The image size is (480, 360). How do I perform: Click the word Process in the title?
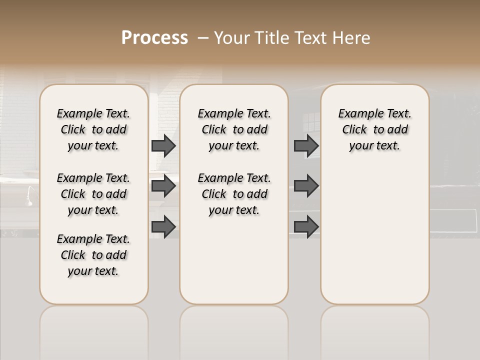154,37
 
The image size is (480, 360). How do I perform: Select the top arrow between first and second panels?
163,145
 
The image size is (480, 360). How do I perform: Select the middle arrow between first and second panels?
163,186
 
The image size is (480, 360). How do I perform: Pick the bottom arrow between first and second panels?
163,227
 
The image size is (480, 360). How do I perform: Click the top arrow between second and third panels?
306,145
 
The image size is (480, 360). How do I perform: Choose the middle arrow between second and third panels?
306,186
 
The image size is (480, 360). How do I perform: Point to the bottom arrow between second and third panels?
306,227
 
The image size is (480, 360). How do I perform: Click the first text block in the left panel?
93,129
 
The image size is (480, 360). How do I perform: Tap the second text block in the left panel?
93,194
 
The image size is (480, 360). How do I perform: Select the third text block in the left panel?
93,255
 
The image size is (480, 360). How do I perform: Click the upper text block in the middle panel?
234,129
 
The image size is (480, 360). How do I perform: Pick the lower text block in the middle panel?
234,194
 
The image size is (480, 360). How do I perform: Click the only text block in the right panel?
375,129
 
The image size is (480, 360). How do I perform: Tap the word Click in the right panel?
354,130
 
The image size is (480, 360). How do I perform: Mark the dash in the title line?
203,37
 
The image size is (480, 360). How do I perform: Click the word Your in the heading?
231,38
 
